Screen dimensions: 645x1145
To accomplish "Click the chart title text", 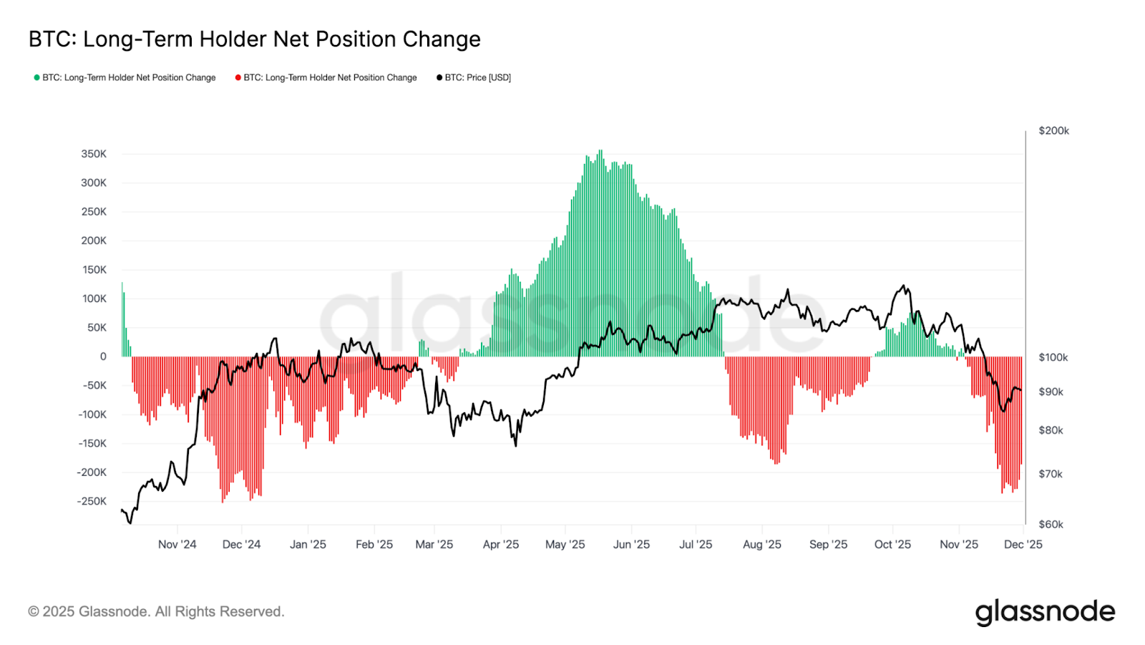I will (x=254, y=39).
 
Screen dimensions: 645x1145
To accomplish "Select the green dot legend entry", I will (x=125, y=77).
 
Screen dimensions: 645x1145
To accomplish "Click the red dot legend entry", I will (x=326, y=77).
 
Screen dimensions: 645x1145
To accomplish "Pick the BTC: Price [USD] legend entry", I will (x=474, y=77).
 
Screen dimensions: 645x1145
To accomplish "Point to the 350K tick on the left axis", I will (x=94, y=154).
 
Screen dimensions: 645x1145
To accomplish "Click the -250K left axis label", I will (x=92, y=501).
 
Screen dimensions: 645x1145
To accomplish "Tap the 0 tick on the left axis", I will (x=103, y=357).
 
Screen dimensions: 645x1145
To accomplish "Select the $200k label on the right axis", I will (x=1053, y=131).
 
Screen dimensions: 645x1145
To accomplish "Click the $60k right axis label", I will (x=1051, y=524).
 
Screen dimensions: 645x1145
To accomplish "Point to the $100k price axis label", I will (x=1053, y=357).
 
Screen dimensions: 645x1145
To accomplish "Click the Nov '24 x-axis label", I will (x=177, y=545).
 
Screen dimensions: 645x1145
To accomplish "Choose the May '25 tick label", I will (x=565, y=545).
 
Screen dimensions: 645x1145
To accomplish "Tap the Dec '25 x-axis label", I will (x=1023, y=545).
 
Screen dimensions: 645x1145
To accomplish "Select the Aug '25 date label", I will (x=761, y=545).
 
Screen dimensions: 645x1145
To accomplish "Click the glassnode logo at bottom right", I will (x=1045, y=612).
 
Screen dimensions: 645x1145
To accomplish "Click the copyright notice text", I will (x=156, y=612).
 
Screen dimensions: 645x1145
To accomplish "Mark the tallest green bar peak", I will (x=600, y=152).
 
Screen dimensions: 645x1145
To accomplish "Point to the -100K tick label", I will (x=92, y=414).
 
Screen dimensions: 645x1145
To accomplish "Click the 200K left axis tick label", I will (x=94, y=241).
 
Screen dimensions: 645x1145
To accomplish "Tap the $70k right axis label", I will (x=1051, y=474).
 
